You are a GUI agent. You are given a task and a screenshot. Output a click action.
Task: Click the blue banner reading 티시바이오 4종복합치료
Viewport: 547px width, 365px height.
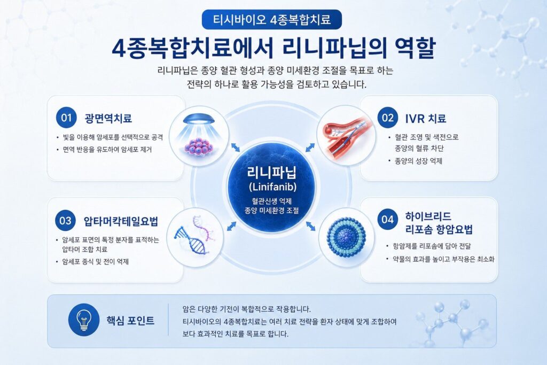272,20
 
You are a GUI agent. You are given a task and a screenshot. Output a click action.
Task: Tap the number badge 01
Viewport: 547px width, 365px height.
66,118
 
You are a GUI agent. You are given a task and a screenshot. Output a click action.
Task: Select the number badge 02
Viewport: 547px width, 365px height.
388,118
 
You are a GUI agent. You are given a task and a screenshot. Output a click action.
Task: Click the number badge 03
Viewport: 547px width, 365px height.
65,221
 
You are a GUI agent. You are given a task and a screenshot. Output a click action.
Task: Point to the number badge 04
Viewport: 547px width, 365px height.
388,220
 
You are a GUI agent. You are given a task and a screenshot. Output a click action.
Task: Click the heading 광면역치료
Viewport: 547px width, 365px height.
108,118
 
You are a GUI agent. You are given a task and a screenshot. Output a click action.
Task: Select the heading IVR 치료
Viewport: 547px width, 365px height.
426,119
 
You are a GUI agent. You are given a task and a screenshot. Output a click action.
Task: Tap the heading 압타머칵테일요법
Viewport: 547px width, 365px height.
121,221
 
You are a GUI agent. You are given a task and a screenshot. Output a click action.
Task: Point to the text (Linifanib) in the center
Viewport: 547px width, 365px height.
272,187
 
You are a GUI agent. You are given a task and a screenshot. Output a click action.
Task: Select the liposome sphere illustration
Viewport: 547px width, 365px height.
346,237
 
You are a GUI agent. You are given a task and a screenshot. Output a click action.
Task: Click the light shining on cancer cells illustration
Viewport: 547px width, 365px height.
199,134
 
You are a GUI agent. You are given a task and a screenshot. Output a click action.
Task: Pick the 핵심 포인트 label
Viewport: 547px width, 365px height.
130,321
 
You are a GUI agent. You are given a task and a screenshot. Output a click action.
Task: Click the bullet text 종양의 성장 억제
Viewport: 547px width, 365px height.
418,161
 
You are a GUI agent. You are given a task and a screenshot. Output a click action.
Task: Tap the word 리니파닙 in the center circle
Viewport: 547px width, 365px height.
272,172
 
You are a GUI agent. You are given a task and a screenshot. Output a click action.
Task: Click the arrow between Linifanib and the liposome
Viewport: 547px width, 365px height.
311,226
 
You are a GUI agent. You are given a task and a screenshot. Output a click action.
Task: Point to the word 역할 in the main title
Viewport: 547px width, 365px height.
415,48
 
